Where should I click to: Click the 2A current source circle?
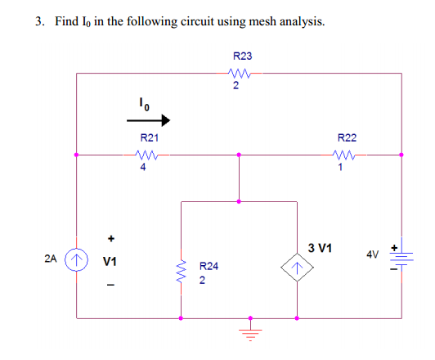(76, 259)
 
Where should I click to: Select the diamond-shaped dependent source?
(297, 268)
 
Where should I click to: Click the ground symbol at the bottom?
(250, 332)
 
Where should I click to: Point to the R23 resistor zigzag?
(240, 74)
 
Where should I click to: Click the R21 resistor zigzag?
(146, 155)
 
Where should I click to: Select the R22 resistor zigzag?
(343, 155)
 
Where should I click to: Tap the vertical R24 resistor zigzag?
(181, 272)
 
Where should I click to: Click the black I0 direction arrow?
(149, 120)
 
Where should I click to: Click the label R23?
(243, 56)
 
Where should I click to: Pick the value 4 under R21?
(143, 167)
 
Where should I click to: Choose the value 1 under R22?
(340, 167)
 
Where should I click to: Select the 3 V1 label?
(320, 248)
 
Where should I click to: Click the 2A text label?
(51, 259)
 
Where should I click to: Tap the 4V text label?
(372, 254)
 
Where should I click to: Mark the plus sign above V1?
(111, 238)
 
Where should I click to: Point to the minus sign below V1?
(110, 285)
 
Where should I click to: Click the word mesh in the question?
(262, 21)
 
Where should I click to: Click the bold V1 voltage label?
(110, 262)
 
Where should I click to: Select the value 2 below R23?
(235, 85)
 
